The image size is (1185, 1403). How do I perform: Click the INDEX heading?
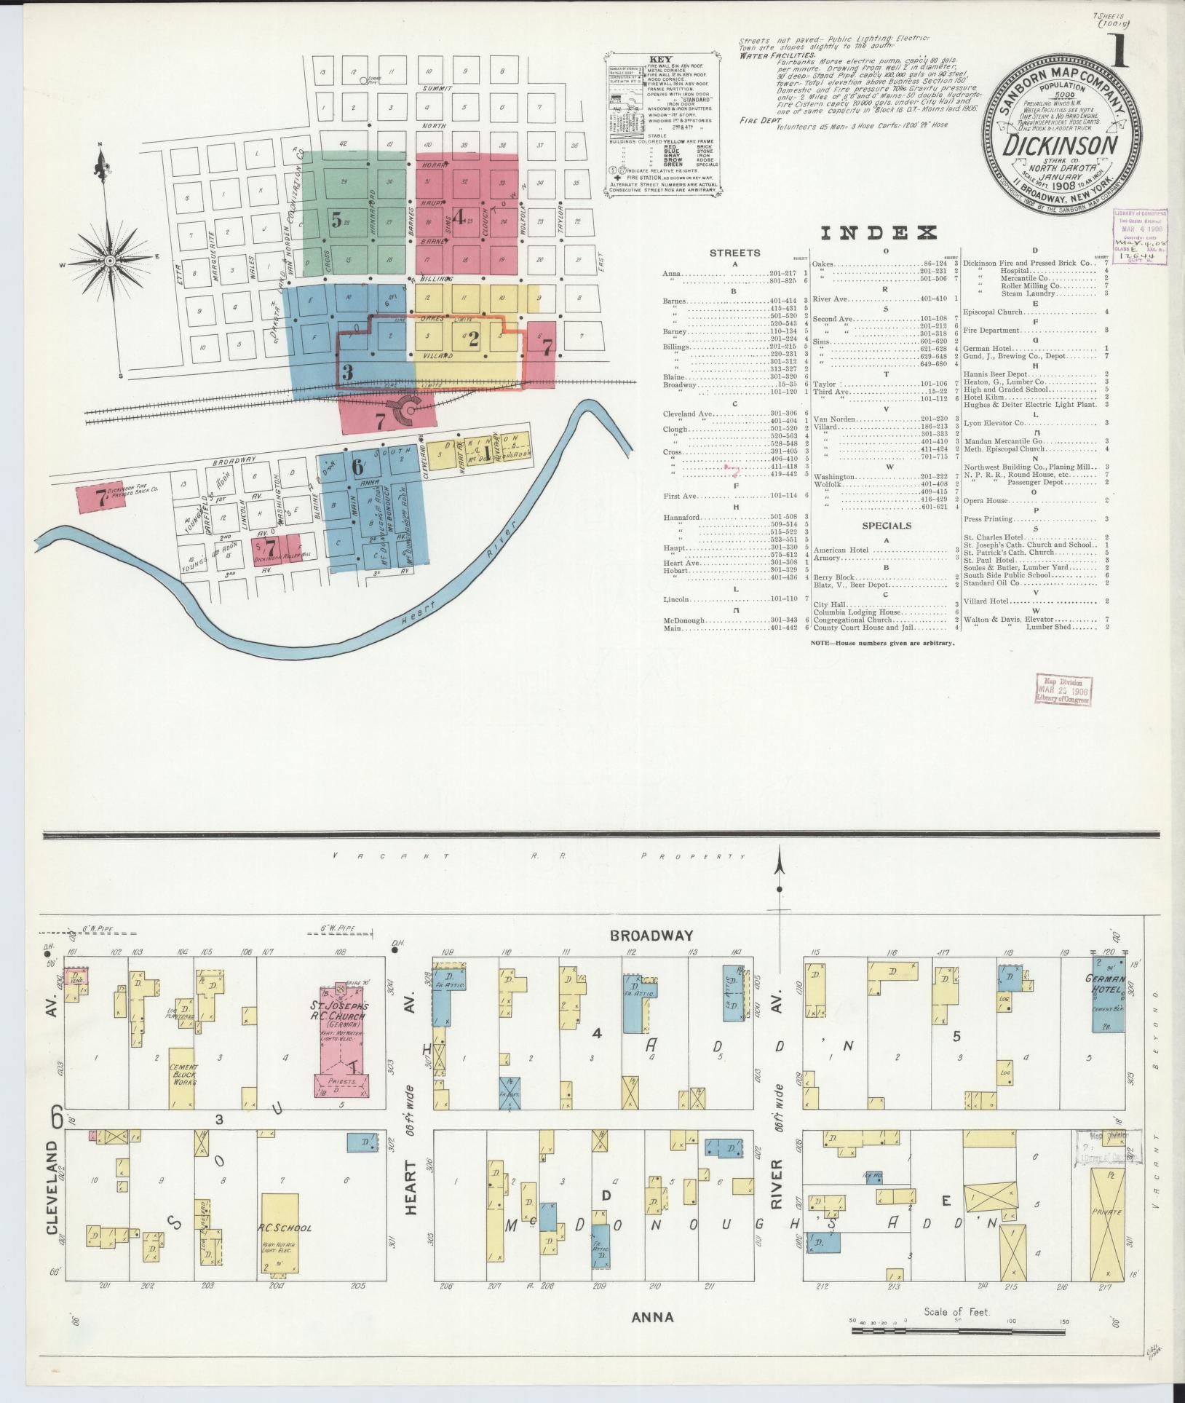tap(877, 233)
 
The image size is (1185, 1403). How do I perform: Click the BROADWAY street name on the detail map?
tap(652, 936)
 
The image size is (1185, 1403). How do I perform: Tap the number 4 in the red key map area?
tap(459, 216)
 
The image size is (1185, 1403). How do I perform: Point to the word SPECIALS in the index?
tap(887, 525)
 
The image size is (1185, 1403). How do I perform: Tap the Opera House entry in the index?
tap(988, 501)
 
